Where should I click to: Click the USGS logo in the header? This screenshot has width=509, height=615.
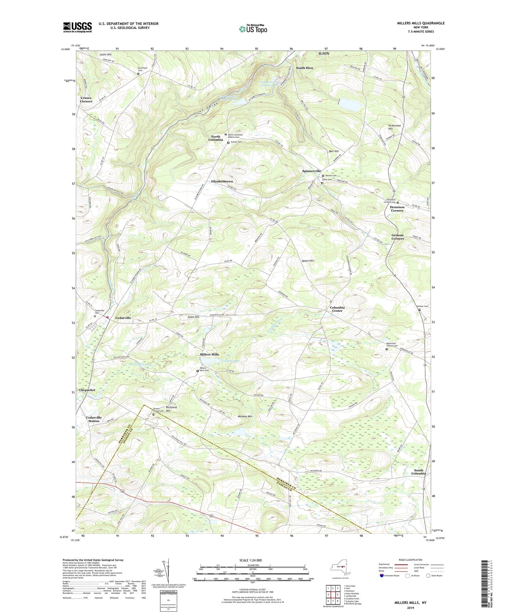pyautogui.click(x=77, y=27)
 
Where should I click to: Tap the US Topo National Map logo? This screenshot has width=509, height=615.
pyautogui.click(x=253, y=29)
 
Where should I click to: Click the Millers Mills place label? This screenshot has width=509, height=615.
pyautogui.click(x=209, y=354)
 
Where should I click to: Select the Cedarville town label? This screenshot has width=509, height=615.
pyautogui.click(x=123, y=318)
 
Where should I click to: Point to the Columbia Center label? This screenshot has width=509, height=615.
pyautogui.click(x=337, y=309)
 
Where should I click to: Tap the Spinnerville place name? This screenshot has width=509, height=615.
pyautogui.click(x=311, y=171)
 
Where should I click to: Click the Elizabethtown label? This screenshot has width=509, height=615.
pyautogui.click(x=222, y=181)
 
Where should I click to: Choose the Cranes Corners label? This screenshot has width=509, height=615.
pyautogui.click(x=86, y=99)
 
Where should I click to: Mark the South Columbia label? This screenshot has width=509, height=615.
pyautogui.click(x=418, y=472)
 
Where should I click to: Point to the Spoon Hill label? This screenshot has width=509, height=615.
pyautogui.click(x=307, y=261)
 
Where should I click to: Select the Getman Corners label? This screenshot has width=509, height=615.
pyautogui.click(x=397, y=237)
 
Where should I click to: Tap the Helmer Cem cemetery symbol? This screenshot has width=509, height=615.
pyautogui.click(x=419, y=310)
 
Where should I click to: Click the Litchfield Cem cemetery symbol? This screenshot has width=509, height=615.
pyautogui.click(x=138, y=74)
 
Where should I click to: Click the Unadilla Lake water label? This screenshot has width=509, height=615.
pyautogui.click(x=230, y=361)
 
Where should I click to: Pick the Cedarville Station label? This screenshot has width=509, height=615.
pyautogui.click(x=94, y=419)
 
